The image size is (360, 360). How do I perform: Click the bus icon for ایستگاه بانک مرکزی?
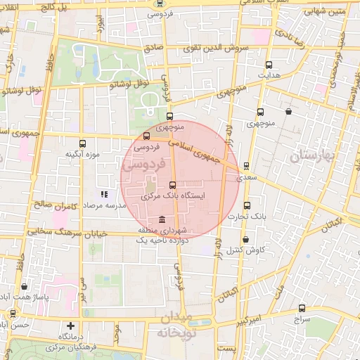[x=173, y=185]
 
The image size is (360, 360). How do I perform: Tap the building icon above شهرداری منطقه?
[x=163, y=219]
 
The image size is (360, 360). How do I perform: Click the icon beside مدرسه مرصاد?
[x=104, y=193]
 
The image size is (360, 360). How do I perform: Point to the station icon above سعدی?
[x=245, y=166]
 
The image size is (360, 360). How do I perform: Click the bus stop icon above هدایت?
[x=269, y=63]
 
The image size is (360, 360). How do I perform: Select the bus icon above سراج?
[x=302, y=307]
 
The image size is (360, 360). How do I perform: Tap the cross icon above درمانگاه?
[x=70, y=326]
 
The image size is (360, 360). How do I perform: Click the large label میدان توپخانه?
[x=172, y=324]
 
